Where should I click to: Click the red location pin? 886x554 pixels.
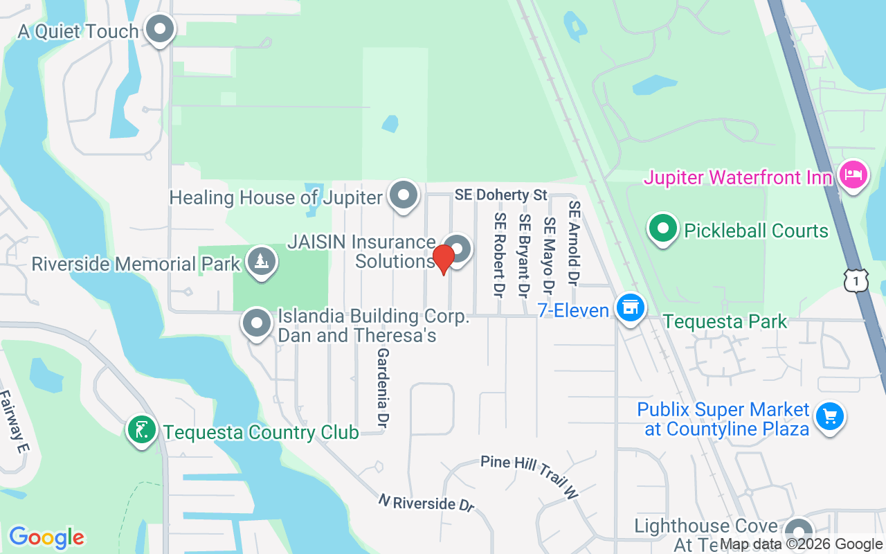(x=443, y=259)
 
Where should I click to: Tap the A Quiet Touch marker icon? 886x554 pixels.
(x=161, y=30)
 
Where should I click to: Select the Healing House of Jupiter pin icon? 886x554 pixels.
(x=403, y=196)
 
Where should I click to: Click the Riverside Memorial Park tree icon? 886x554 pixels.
(x=261, y=262)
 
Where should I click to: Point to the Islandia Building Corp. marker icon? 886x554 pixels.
(x=257, y=323)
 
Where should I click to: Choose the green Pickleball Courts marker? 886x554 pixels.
(x=663, y=229)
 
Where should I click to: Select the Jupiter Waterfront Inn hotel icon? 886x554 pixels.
(x=853, y=174)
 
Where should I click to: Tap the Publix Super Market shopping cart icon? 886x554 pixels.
(x=829, y=416)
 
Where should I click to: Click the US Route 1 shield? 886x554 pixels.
(x=856, y=280)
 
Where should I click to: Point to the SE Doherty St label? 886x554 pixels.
(x=501, y=195)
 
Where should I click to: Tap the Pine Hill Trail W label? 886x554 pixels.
(x=530, y=477)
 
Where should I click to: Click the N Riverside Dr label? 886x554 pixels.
(x=426, y=502)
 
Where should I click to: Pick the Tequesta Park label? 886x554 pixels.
(x=725, y=321)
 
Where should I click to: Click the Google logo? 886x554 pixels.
(x=46, y=537)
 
